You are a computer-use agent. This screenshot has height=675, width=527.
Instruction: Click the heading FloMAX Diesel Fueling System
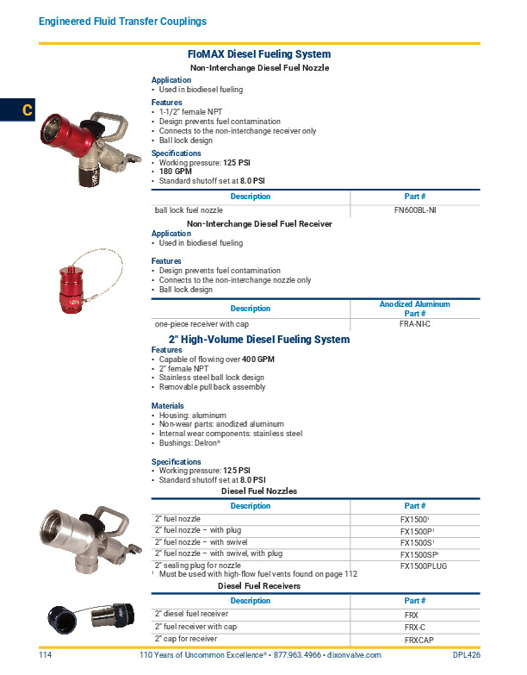[258, 53]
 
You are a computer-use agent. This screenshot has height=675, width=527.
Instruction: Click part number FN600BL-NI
[415, 209]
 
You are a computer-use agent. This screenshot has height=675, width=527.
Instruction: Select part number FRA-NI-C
[415, 323]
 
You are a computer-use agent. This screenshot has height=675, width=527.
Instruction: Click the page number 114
[46, 655]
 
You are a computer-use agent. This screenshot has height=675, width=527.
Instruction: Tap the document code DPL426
[466, 655]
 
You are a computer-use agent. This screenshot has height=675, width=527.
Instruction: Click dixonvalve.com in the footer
[351, 655]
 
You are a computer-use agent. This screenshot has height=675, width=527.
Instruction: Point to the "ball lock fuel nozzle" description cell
[189, 209]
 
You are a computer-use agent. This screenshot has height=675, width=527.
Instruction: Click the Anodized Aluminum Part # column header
[415, 309]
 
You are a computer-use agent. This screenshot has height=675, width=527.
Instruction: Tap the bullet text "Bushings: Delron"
[190, 443]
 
